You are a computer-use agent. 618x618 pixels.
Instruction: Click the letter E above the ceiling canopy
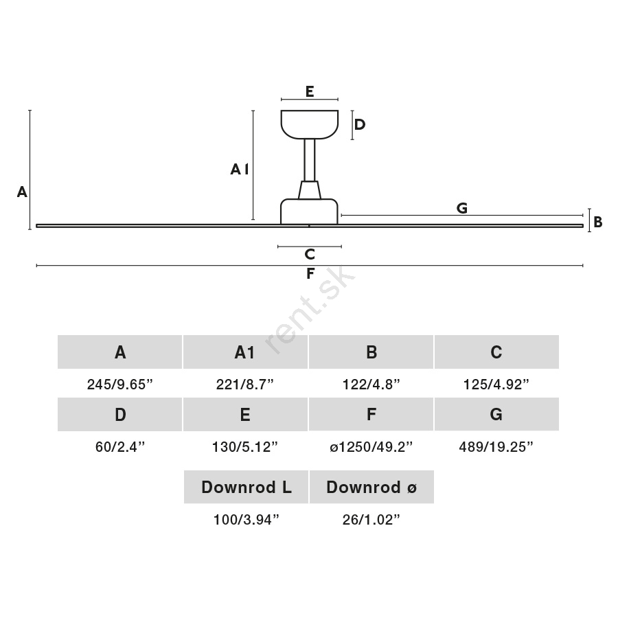tap(310, 91)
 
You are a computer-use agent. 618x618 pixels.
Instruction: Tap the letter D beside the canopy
tap(359, 124)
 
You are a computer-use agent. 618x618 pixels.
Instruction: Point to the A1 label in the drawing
tap(240, 170)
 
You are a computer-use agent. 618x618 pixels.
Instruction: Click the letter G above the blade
tap(462, 207)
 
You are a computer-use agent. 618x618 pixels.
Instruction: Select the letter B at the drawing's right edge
tap(598, 222)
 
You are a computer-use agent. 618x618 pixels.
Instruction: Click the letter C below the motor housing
tap(310, 254)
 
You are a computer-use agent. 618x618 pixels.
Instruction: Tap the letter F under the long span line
tap(310, 273)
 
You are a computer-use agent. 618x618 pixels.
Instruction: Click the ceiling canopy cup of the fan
tap(310, 124)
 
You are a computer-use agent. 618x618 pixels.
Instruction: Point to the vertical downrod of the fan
tap(310, 160)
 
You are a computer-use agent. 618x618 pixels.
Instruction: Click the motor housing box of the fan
tap(309, 211)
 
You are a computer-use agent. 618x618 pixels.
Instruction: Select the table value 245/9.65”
tap(119, 385)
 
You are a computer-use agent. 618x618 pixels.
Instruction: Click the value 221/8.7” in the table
tap(244, 385)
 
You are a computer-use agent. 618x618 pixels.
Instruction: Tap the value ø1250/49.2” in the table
tap(371, 447)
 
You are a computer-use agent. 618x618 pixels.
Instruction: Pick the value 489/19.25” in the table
tap(496, 447)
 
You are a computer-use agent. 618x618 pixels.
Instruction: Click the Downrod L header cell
tap(246, 487)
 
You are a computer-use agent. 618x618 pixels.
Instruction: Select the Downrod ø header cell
tap(371, 487)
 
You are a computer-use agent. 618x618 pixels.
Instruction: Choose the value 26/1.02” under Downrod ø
tap(371, 520)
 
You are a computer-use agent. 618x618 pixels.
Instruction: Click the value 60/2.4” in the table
tap(120, 447)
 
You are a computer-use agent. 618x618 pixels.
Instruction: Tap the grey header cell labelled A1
tap(245, 352)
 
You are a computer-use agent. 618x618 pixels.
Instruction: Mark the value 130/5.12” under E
tap(244, 447)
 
